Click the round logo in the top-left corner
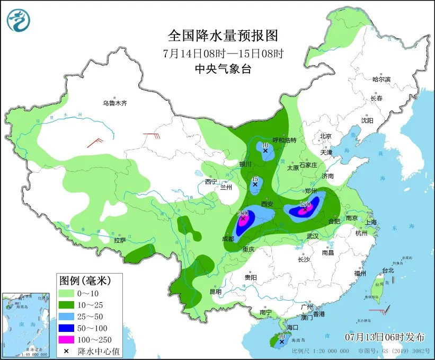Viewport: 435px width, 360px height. (19, 20)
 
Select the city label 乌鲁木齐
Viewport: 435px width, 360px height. (115, 103)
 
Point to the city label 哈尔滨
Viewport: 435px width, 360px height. (381, 80)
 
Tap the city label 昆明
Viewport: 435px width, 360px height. (215, 291)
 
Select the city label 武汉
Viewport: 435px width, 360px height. (313, 235)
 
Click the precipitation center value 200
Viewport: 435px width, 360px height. (243, 213)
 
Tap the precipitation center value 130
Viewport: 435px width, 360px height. (305, 204)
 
